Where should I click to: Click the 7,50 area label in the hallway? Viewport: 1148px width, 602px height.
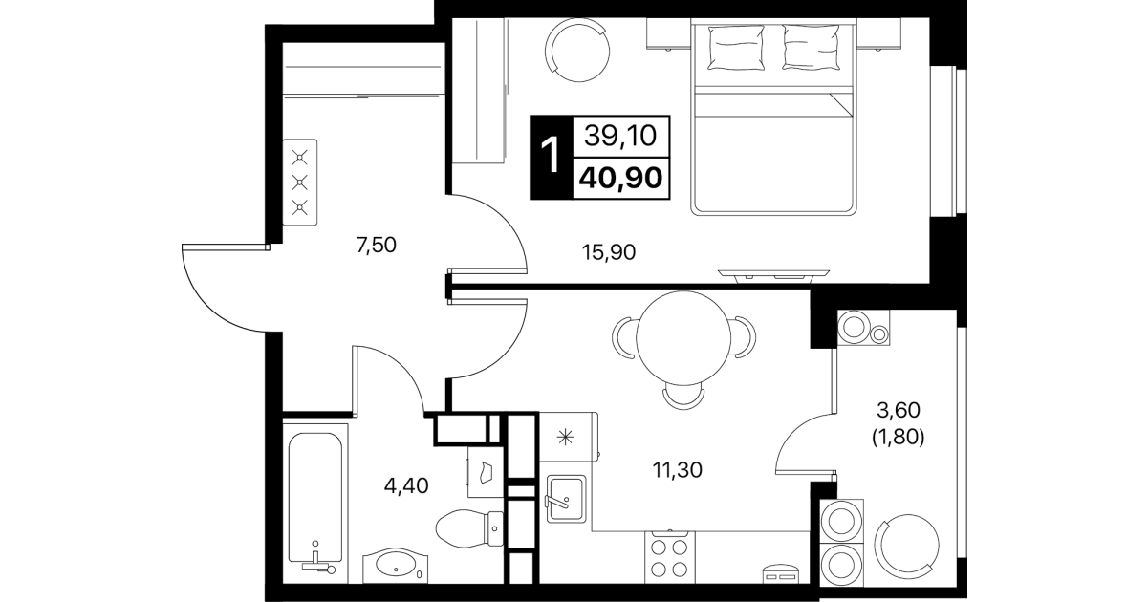pos(377,246)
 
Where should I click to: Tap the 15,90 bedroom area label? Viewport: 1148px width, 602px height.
pos(608,252)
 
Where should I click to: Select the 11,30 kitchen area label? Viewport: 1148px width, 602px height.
pos(677,470)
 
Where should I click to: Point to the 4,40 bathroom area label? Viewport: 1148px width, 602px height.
pos(406,485)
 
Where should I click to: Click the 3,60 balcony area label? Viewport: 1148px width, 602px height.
pos(898,410)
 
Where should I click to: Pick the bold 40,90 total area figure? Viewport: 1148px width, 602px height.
pos(620,179)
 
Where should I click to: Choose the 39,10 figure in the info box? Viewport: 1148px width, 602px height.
pos(620,137)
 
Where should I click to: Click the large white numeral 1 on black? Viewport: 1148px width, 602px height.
pos(551,157)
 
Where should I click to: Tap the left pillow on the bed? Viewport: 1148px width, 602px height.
pos(736,47)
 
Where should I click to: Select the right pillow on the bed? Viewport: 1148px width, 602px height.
pos(811,47)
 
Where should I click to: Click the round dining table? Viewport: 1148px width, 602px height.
pos(683,338)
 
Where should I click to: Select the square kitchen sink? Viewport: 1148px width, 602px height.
pos(566,499)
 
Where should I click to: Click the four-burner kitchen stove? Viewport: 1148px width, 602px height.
pos(670,557)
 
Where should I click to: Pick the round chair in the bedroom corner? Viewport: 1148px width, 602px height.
pos(577,50)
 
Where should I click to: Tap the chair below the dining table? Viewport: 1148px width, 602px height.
pos(683,397)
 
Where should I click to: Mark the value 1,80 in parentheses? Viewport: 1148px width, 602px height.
pos(898,438)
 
